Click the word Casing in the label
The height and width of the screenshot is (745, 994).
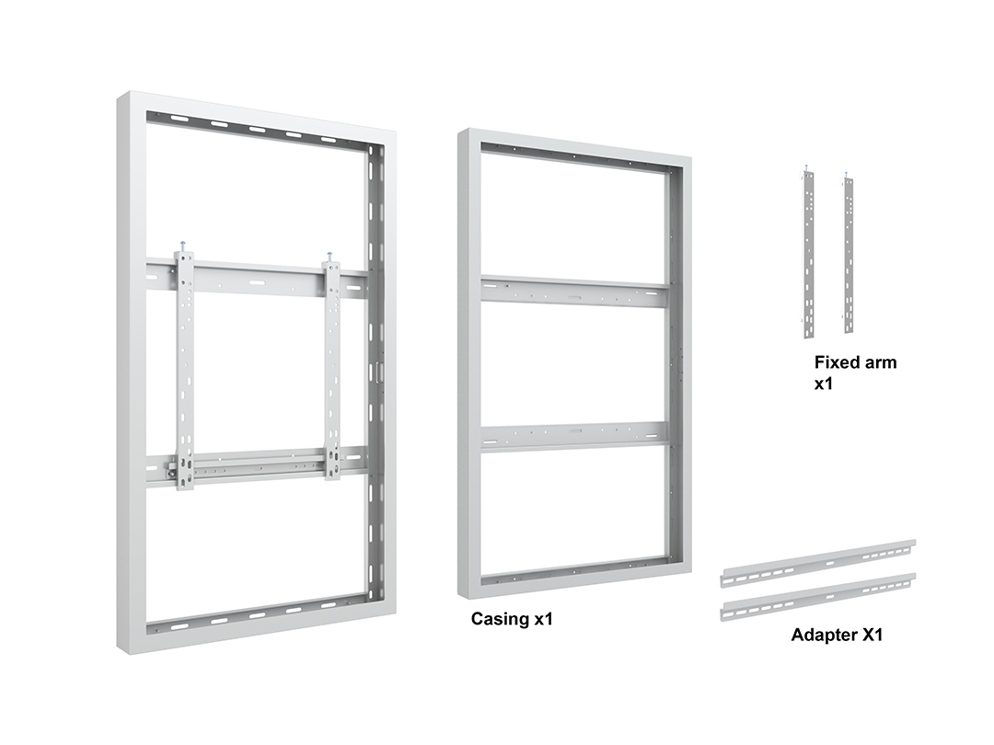click(500, 619)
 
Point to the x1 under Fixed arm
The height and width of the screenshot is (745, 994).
click(824, 384)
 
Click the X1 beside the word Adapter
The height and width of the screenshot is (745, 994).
click(871, 635)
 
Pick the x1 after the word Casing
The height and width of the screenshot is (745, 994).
click(543, 619)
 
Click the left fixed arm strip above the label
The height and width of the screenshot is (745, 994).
click(809, 254)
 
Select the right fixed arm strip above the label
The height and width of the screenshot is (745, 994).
click(849, 255)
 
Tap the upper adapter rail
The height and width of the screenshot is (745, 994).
click(818, 563)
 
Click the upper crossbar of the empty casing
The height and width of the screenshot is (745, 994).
click(574, 292)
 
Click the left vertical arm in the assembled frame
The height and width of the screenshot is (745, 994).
click(185, 371)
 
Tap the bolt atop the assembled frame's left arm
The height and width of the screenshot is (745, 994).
click(183, 246)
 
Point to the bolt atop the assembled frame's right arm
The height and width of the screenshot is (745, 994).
click(330, 257)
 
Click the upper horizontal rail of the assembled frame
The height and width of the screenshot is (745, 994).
click(258, 279)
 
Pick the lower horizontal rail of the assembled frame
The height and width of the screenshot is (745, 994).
click(258, 466)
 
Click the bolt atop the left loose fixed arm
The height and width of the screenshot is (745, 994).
click(806, 168)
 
